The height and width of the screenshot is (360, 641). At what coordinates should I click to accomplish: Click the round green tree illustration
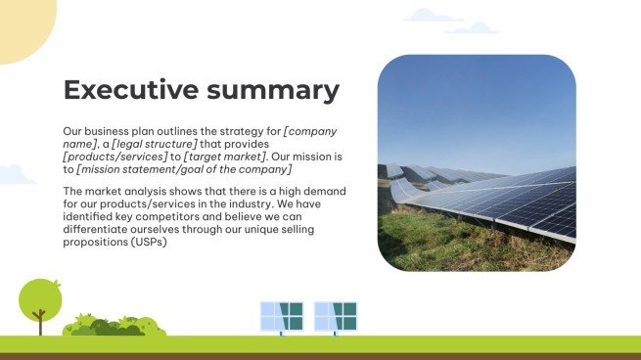pyautogui.click(x=40, y=297)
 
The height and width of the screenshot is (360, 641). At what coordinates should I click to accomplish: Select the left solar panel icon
pyautogui.click(x=282, y=316)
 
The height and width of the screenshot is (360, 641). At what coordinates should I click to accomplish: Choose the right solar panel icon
pyautogui.click(x=336, y=316)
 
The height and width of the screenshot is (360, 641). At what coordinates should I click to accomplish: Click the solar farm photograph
pyautogui.click(x=477, y=162)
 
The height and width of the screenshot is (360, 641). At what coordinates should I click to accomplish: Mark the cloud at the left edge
pyautogui.click(x=15, y=175)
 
